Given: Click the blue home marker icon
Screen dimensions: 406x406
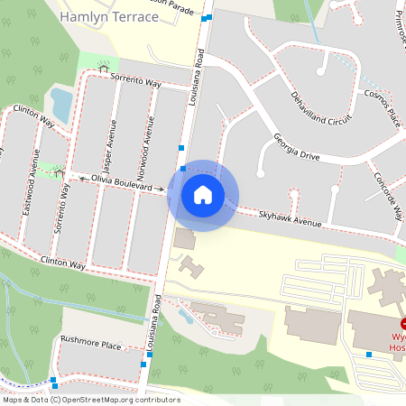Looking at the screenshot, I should [x=203, y=195].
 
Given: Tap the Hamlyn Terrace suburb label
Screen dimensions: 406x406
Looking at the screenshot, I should [x=108, y=16].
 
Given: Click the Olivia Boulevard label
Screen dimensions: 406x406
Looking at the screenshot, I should [x=122, y=183].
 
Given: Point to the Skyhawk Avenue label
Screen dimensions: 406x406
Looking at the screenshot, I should [x=290, y=219].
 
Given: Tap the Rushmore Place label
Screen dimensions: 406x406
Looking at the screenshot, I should [x=90, y=345].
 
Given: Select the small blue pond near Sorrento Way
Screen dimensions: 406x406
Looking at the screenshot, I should [x=61, y=103].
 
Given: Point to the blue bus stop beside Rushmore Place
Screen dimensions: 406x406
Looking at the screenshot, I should [x=144, y=364].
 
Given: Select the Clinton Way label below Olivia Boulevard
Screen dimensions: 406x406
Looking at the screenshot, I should [x=63, y=265].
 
